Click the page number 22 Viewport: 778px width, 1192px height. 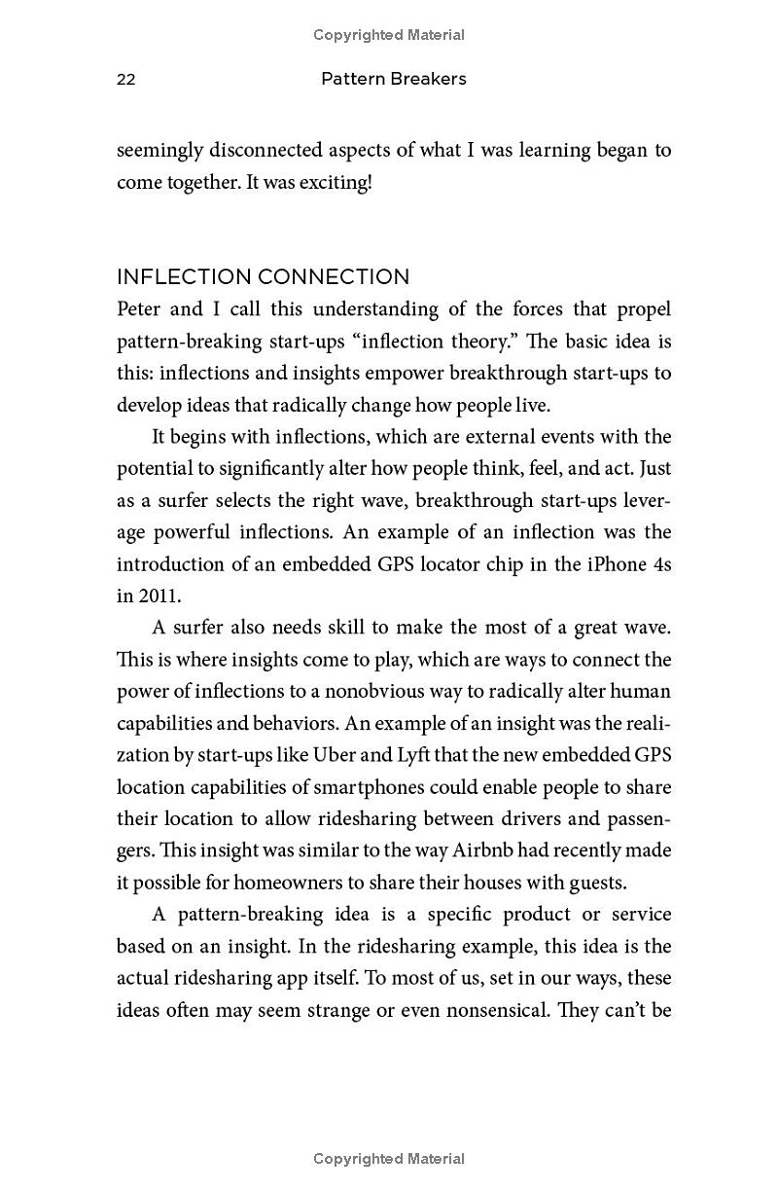pyautogui.click(x=126, y=80)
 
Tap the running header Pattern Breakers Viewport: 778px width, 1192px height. pyautogui.click(x=394, y=79)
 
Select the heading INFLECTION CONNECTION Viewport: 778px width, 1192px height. pyautogui.click(x=263, y=276)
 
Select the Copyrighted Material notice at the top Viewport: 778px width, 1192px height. pyautogui.click(x=389, y=35)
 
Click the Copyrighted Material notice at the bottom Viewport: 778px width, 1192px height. pyautogui.click(x=389, y=1159)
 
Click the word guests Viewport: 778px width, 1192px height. pyautogui.click(x=600, y=883)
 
